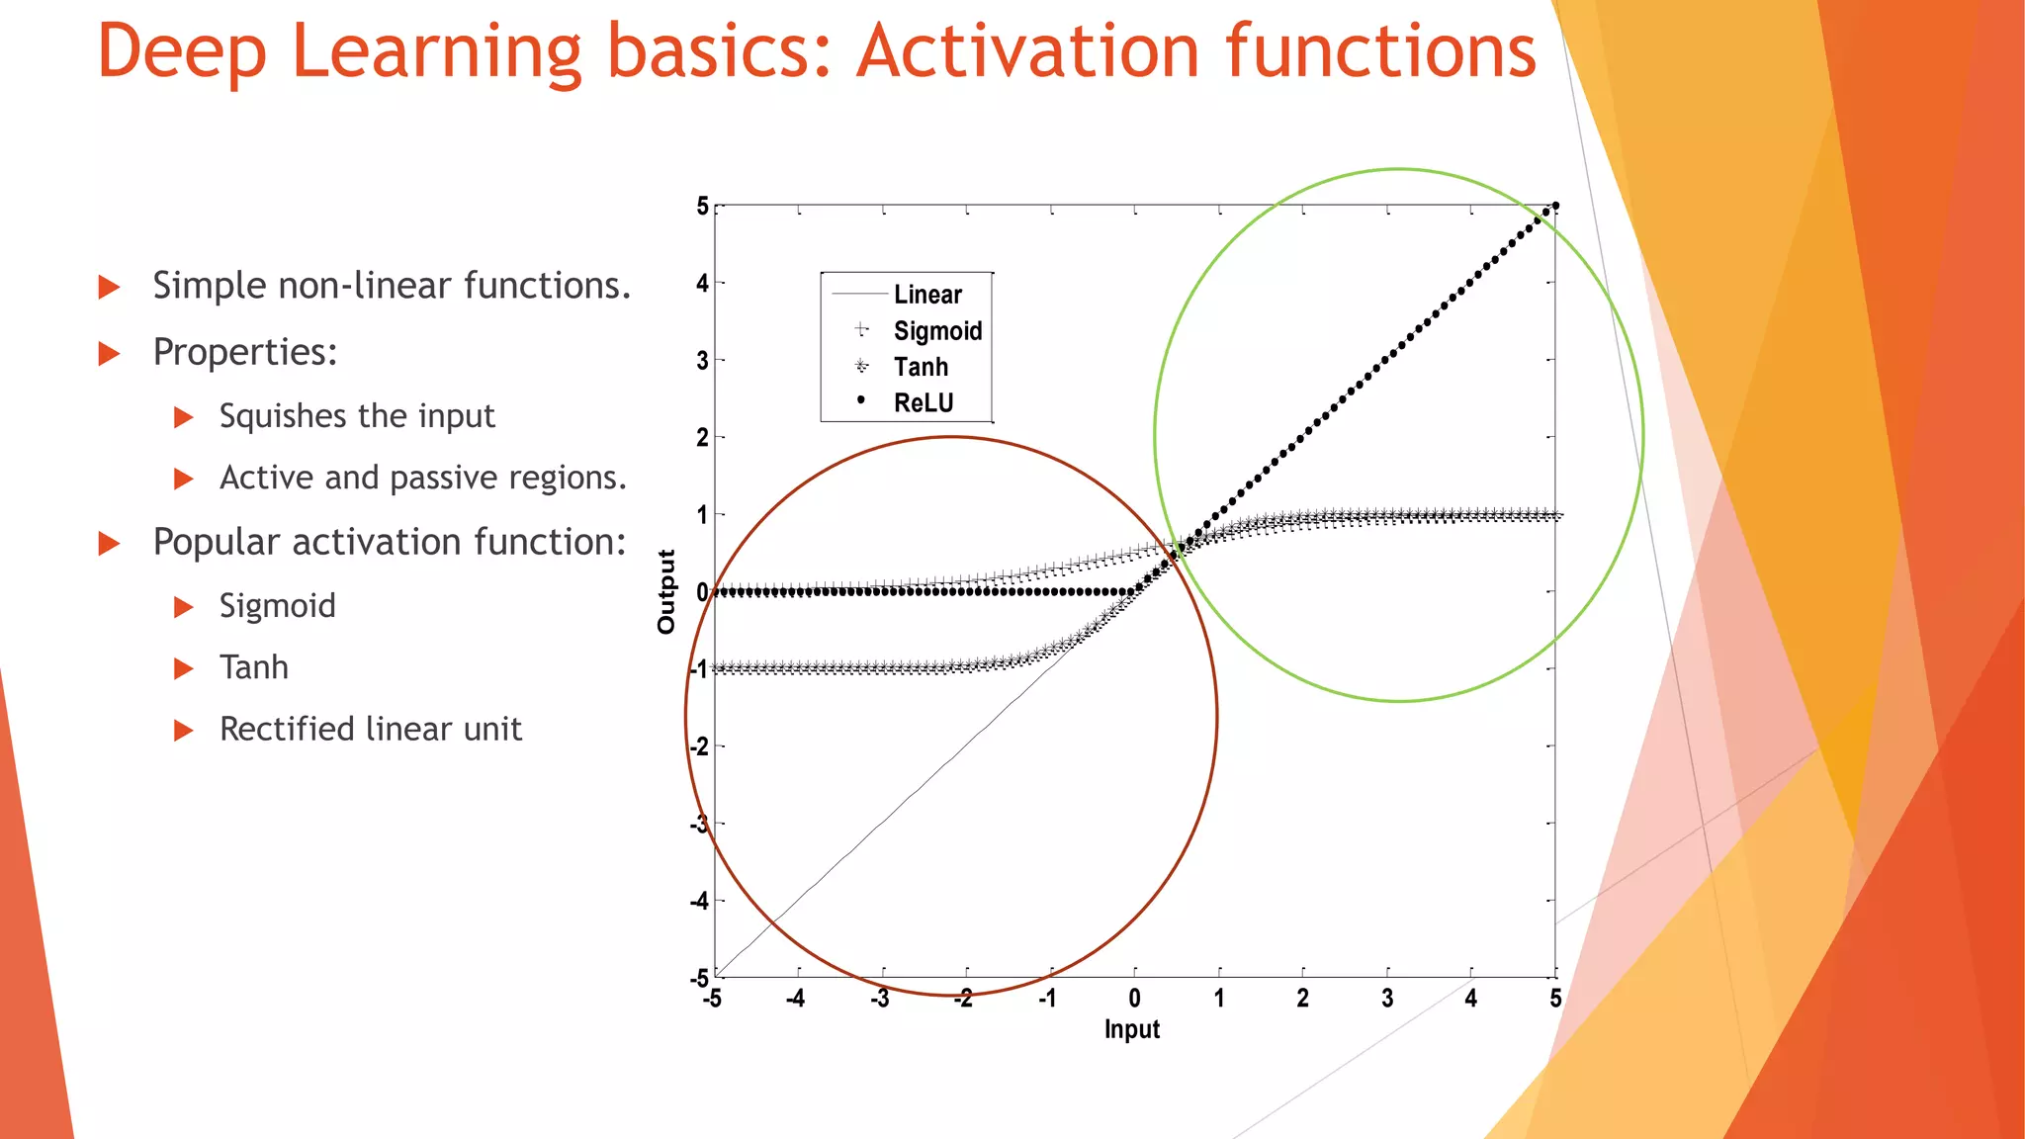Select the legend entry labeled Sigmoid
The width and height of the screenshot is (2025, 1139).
936,331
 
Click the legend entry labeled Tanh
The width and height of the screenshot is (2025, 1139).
921,367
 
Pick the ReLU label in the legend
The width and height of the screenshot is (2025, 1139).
923,403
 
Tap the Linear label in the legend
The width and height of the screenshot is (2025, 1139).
926,295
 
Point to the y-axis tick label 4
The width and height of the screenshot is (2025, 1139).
702,284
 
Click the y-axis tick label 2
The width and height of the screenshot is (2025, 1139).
702,438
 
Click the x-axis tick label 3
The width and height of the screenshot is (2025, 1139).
1387,999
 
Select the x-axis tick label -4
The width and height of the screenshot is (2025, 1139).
795,999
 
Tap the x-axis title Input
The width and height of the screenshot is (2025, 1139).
1131,1030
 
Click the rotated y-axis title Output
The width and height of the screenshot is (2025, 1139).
666,591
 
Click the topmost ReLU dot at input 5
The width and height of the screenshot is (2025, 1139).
1555,206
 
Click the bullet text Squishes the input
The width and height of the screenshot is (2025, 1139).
356,416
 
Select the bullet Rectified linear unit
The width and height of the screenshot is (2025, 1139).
370,730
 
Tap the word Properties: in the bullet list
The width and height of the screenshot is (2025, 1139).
245,353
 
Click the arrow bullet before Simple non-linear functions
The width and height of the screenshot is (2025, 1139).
109,288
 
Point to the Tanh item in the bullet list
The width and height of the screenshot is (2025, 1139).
253,667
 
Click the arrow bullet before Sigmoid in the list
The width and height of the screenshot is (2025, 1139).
183,607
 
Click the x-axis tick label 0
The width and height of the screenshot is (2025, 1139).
1134,999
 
